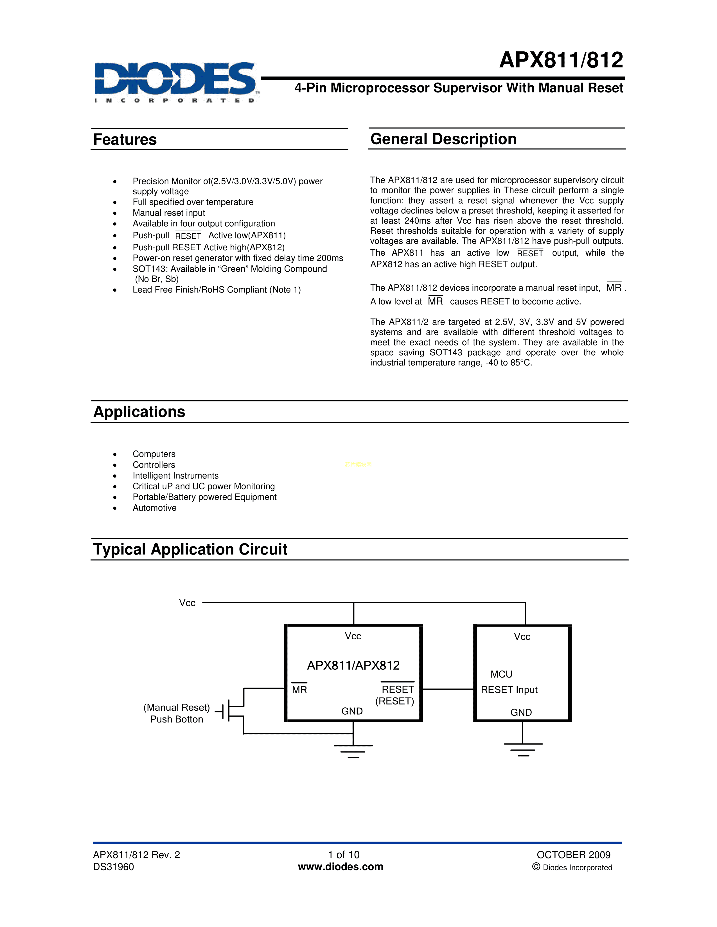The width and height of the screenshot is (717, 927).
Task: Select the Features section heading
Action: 125,140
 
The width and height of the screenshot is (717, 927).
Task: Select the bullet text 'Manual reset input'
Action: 169,213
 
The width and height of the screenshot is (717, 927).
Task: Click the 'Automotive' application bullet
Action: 154,508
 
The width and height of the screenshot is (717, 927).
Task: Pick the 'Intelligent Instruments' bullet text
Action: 175,475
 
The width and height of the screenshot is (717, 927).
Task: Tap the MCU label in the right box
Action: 501,674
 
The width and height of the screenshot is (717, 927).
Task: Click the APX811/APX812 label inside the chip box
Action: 353,665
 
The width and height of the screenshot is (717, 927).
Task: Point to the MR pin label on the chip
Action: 299,690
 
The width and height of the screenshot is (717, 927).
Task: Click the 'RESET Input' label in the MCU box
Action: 509,690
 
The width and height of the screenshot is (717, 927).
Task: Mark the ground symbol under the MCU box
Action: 523,749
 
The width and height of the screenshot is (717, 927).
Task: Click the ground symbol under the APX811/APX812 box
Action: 353,751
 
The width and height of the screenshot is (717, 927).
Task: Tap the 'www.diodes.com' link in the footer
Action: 340,867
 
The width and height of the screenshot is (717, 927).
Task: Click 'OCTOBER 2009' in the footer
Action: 573,855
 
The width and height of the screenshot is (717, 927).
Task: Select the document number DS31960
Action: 113,867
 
